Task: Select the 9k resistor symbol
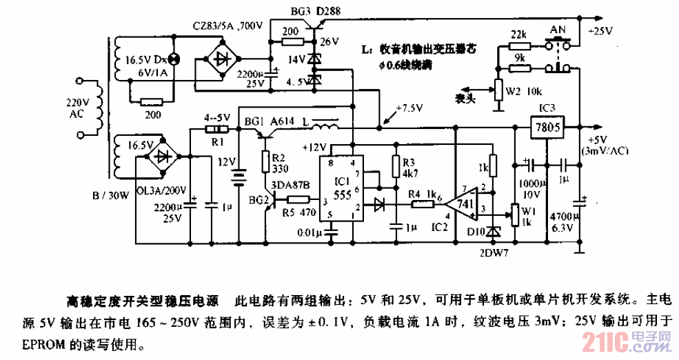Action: point(518,68)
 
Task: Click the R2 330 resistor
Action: point(265,163)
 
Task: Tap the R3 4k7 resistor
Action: point(395,166)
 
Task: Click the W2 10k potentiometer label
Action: point(521,91)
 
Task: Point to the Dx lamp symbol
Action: point(174,60)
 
